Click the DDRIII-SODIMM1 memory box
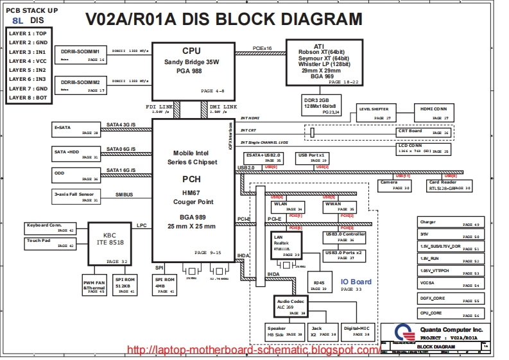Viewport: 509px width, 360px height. point(80,54)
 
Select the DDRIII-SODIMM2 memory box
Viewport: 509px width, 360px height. point(80,86)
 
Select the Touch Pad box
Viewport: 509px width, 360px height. point(50,243)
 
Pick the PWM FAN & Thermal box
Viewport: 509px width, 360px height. point(94,285)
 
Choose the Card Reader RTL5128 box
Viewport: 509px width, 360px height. point(449,185)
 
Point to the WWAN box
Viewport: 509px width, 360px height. point(338,206)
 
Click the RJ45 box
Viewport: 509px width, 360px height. point(318,284)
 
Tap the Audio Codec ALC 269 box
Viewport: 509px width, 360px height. point(291,306)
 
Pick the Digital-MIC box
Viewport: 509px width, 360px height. point(356,330)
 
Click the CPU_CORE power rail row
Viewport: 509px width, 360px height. point(449,314)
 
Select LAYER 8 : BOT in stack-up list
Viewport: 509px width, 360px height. point(28,98)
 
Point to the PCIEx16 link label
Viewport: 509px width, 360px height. point(262,48)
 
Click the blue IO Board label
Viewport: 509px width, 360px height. point(356,282)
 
